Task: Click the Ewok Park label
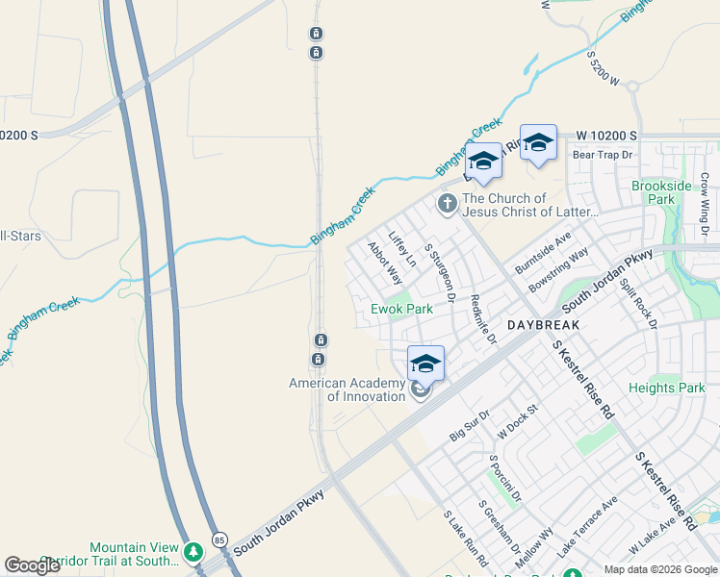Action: click(x=402, y=309)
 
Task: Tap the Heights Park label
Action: click(x=667, y=388)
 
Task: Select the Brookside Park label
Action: click(x=661, y=192)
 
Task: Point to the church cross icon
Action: click(x=447, y=204)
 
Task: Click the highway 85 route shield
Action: click(x=220, y=540)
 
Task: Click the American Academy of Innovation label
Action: click(x=347, y=389)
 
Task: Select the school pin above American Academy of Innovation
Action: click(x=425, y=364)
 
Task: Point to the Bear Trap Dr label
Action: click(x=602, y=154)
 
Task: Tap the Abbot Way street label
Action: click(x=385, y=263)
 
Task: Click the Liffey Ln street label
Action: click(x=402, y=248)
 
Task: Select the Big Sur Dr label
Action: click(x=470, y=426)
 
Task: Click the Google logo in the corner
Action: click(x=33, y=565)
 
